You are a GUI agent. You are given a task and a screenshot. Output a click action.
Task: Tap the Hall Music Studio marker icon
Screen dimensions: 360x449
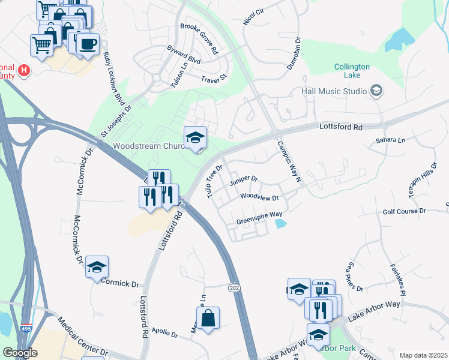pyautogui.click(x=376, y=91)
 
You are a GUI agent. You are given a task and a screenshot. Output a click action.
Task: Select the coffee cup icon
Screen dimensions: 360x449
pyautogui.click(x=88, y=44)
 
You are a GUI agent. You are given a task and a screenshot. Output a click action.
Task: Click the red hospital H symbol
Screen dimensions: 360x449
pyautogui.click(x=24, y=71)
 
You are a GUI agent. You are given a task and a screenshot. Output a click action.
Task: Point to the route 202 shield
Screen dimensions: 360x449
pyautogui.click(x=234, y=289)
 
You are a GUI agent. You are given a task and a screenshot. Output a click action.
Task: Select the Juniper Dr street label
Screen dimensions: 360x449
pyautogui.click(x=243, y=179)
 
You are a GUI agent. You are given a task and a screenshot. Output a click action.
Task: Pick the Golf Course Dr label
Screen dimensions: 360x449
pyautogui.click(x=404, y=212)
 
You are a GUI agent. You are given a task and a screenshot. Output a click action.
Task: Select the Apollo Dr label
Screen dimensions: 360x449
pyautogui.click(x=165, y=333)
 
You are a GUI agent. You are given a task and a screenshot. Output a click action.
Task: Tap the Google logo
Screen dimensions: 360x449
pyautogui.click(x=20, y=353)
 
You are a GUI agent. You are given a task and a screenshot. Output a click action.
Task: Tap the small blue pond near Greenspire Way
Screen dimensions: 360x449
pyautogui.click(x=280, y=224)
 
